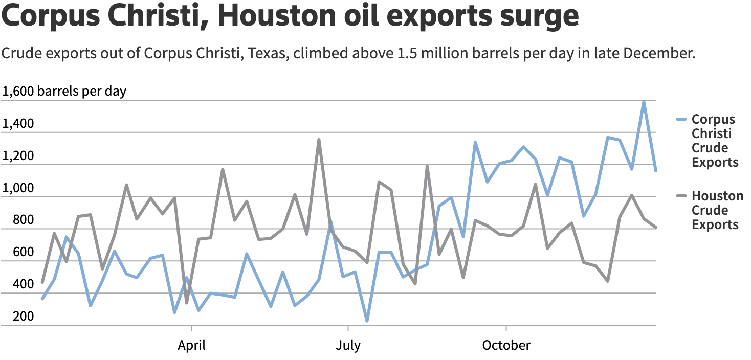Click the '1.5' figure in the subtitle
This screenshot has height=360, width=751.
pos(408,53)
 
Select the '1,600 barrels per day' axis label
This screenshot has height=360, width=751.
pos(64,92)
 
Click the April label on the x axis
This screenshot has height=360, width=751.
pos(192,346)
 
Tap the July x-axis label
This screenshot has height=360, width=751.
pos(348,346)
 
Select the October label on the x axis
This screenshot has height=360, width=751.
pos(506,346)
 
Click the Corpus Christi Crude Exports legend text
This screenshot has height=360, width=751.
pos(715,141)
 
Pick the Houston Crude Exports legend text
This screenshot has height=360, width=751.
pos(717,210)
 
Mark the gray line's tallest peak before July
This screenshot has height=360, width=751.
pos(319,139)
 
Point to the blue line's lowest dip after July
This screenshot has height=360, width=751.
pos(367,321)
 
